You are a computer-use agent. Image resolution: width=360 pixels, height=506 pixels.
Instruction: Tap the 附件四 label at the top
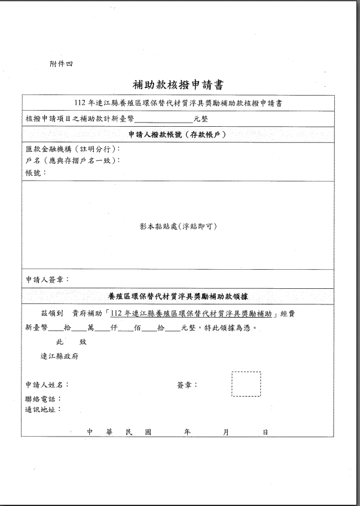(x=61, y=63)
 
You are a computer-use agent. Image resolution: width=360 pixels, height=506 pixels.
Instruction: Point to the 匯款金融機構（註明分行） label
(x=73, y=149)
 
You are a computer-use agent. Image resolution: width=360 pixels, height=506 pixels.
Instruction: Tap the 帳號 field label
(x=36, y=173)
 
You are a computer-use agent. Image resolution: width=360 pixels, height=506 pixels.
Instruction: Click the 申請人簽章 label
(x=47, y=279)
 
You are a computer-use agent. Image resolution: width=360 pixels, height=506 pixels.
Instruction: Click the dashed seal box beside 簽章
(x=246, y=384)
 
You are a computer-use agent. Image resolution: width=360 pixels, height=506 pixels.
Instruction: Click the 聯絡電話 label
(x=43, y=399)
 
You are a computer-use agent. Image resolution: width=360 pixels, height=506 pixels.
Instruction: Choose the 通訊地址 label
(x=43, y=410)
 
